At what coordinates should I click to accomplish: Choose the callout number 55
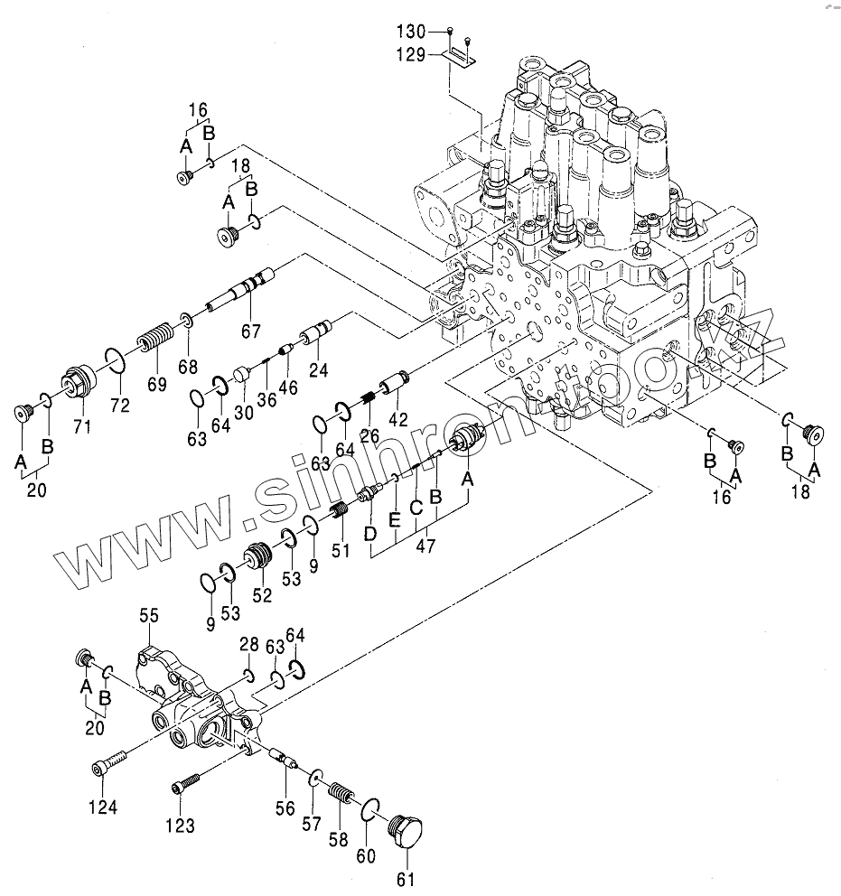coord(149,615)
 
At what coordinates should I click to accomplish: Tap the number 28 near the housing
coord(248,643)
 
